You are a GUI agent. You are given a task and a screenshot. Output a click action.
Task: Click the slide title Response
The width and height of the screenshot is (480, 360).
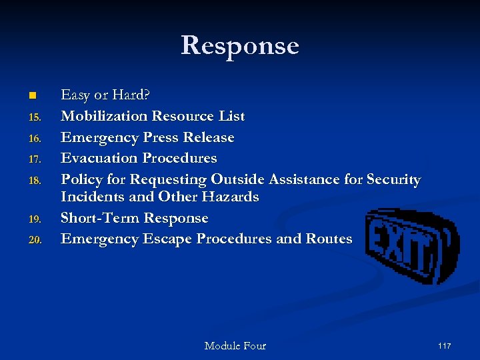pos(240,46)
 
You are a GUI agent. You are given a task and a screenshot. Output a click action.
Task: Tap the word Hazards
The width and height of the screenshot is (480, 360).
pos(233,197)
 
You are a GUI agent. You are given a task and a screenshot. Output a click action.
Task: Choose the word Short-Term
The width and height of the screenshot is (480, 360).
pos(100,218)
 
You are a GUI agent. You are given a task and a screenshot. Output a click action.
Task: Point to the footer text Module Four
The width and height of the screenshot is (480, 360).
pos(235,345)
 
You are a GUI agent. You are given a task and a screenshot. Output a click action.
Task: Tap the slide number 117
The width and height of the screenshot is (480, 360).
pos(445,345)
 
